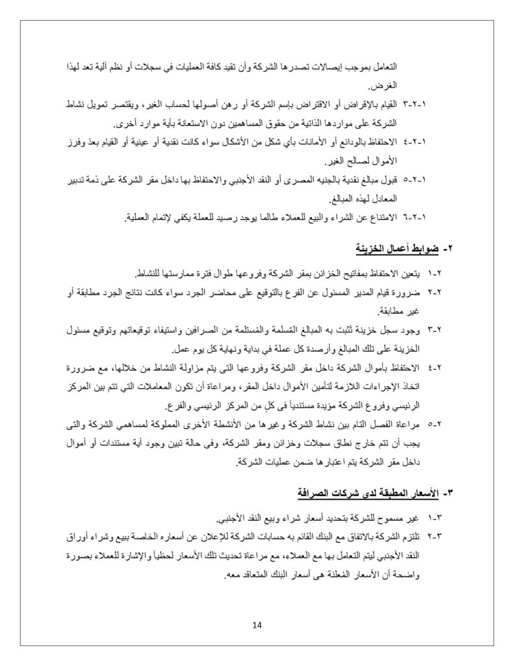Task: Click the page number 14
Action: (257, 625)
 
